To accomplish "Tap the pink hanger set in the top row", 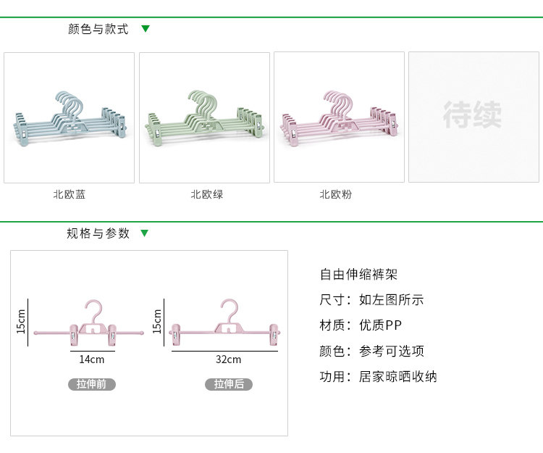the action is (x=337, y=116).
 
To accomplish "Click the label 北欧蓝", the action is (x=69, y=194).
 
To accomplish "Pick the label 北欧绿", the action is (x=206, y=194).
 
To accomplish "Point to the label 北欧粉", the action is (x=335, y=194).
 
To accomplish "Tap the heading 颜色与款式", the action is (x=98, y=30).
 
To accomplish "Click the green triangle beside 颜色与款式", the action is (x=146, y=29).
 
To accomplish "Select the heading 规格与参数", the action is (x=98, y=233).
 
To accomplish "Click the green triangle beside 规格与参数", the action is (x=145, y=233).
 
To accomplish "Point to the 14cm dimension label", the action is (x=92, y=359).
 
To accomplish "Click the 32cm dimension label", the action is (x=228, y=359).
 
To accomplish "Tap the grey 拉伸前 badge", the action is (x=92, y=384).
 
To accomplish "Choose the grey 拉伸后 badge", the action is (x=229, y=384).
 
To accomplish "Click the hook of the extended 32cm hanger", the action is (x=229, y=307).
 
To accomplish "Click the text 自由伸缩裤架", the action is (x=359, y=275).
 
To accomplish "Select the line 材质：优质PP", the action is (x=361, y=325).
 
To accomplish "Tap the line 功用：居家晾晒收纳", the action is (x=379, y=376).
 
